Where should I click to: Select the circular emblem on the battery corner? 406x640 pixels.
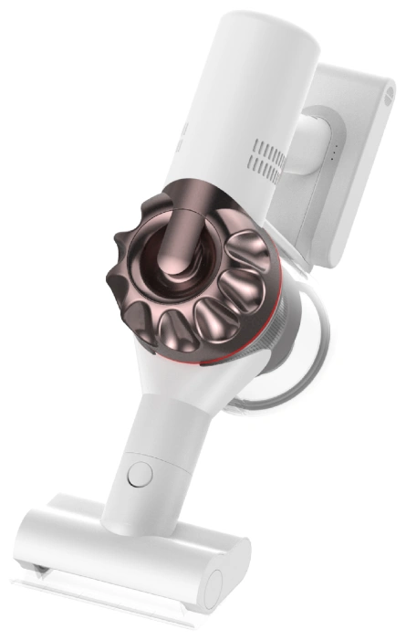pyautogui.click(x=390, y=89)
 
